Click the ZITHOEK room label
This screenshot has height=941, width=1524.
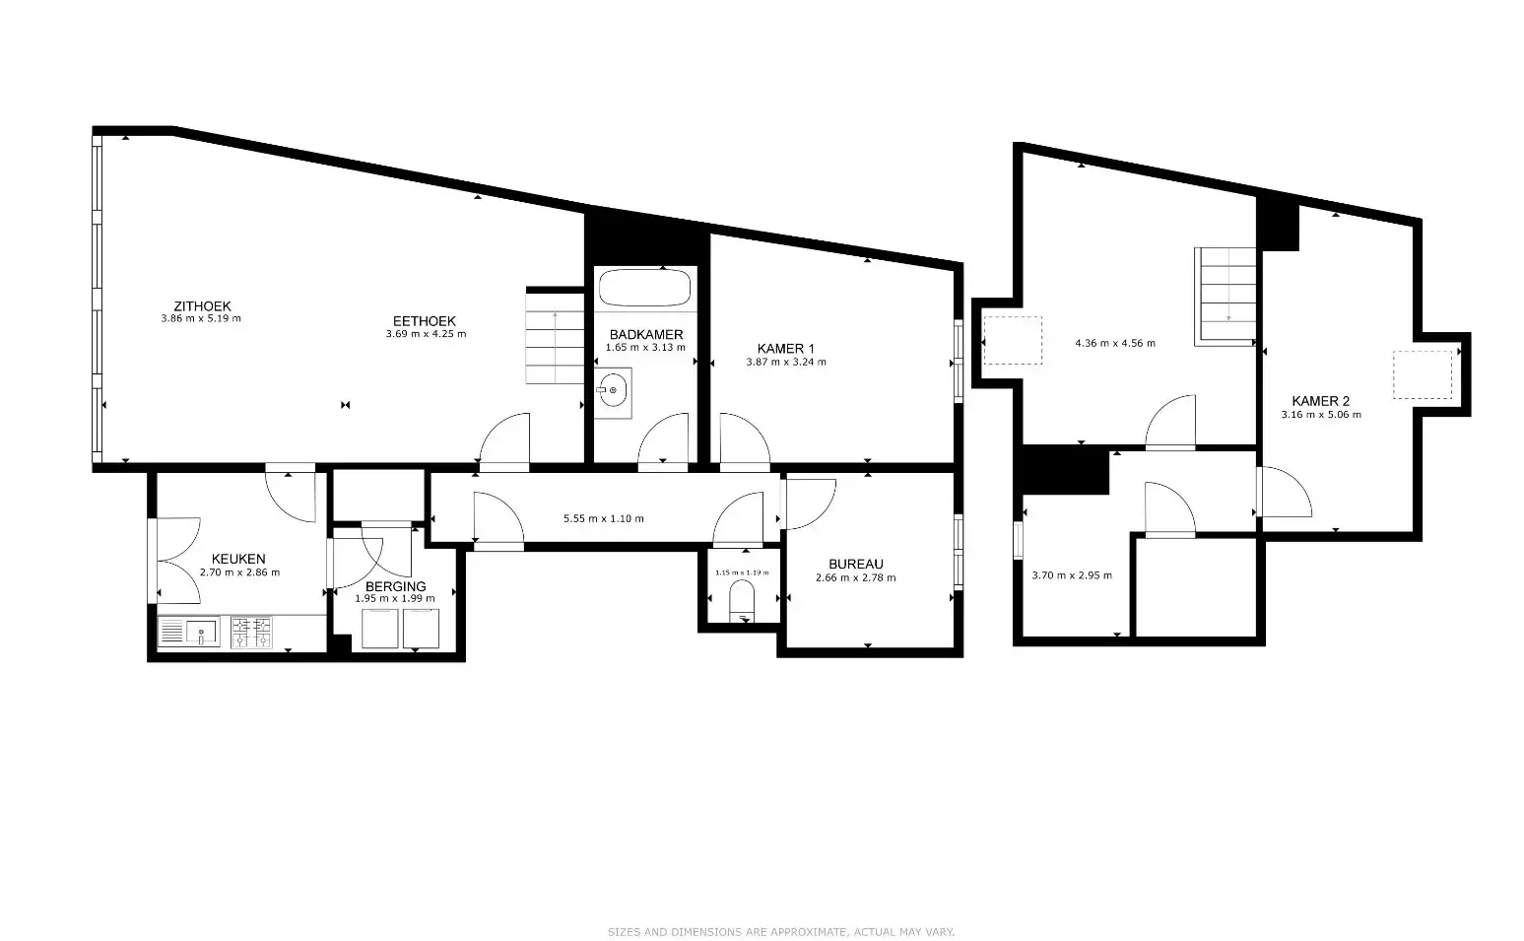201,306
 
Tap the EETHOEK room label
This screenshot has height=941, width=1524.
425,321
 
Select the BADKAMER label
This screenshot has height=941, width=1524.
645,335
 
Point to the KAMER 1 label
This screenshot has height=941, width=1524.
785,349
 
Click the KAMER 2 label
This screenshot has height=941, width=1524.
1320,401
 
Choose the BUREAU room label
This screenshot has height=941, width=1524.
855,565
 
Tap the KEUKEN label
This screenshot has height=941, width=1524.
238,559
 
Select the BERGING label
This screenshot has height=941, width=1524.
395,586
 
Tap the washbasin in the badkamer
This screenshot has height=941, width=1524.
613,391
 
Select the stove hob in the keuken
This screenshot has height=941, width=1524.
251,633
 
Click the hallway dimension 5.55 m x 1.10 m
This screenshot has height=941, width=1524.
603,518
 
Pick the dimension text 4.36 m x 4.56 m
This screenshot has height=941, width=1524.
1114,344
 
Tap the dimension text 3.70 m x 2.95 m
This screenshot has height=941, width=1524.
1071,575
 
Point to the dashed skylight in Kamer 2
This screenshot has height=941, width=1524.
1422,374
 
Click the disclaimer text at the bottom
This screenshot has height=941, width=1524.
780,931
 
